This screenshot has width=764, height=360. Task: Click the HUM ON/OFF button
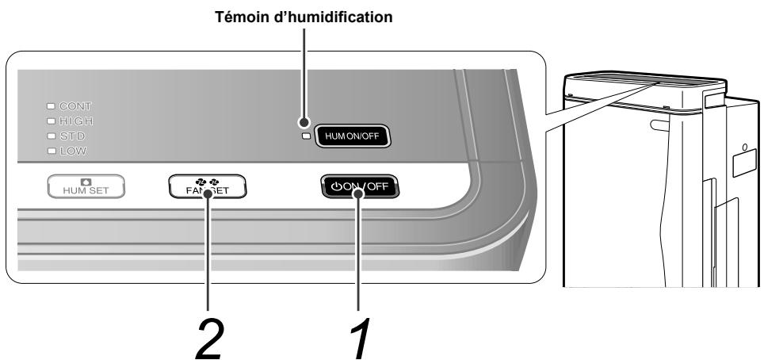pyautogui.click(x=353, y=136)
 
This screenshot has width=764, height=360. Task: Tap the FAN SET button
pyautogui.click(x=208, y=186)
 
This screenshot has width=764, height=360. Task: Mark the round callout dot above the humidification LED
pyautogui.click(x=303, y=123)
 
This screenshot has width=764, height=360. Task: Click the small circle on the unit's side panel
pyautogui.click(x=744, y=147)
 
